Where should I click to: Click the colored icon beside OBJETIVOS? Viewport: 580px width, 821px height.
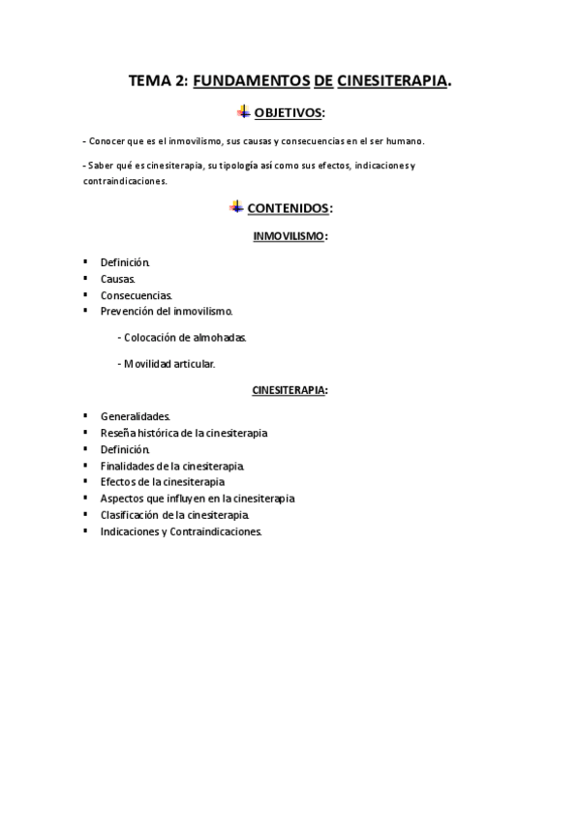pos(242,112)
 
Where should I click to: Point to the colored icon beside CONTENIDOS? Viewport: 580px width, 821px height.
pos(235,206)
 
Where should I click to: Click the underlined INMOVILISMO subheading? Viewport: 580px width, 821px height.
pos(290,235)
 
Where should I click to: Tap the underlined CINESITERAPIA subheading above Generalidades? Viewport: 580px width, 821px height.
pos(290,390)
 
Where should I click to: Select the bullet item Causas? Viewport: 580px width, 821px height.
pos(118,279)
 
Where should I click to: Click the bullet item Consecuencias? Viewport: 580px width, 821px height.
pos(137,294)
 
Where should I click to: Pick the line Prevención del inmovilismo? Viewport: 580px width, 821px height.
pos(167,311)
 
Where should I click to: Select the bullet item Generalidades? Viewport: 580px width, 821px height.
pos(136,416)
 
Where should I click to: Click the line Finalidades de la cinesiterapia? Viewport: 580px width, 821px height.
pos(172,466)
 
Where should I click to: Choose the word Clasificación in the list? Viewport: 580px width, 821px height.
pos(130,515)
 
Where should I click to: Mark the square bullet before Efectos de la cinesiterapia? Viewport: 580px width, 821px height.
pos(85,481)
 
